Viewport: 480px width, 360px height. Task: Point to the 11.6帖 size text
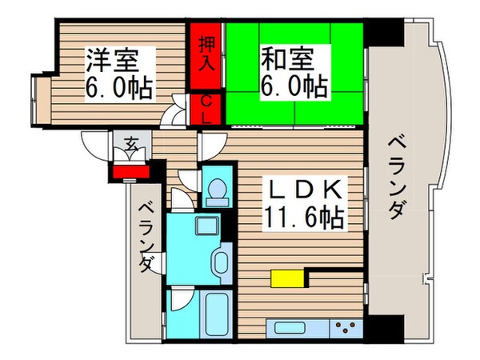point(304,216)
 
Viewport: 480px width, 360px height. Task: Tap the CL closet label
point(206,110)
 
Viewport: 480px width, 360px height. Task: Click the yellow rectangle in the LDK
point(288,278)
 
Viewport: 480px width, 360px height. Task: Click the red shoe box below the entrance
point(130,170)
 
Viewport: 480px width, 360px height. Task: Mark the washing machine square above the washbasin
point(206,225)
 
